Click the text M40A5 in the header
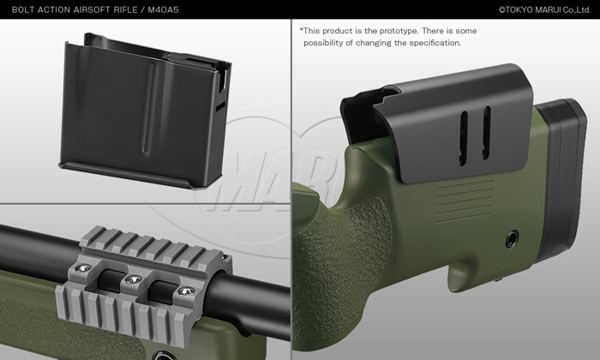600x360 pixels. point(163,9)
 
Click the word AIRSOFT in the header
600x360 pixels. point(92,9)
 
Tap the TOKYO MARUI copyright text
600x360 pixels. point(545,10)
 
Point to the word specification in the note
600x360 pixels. point(435,43)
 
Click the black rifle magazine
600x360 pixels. point(146,111)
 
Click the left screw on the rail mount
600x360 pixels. point(83,269)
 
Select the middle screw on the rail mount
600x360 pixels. point(133,279)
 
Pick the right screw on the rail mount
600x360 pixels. point(186,292)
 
